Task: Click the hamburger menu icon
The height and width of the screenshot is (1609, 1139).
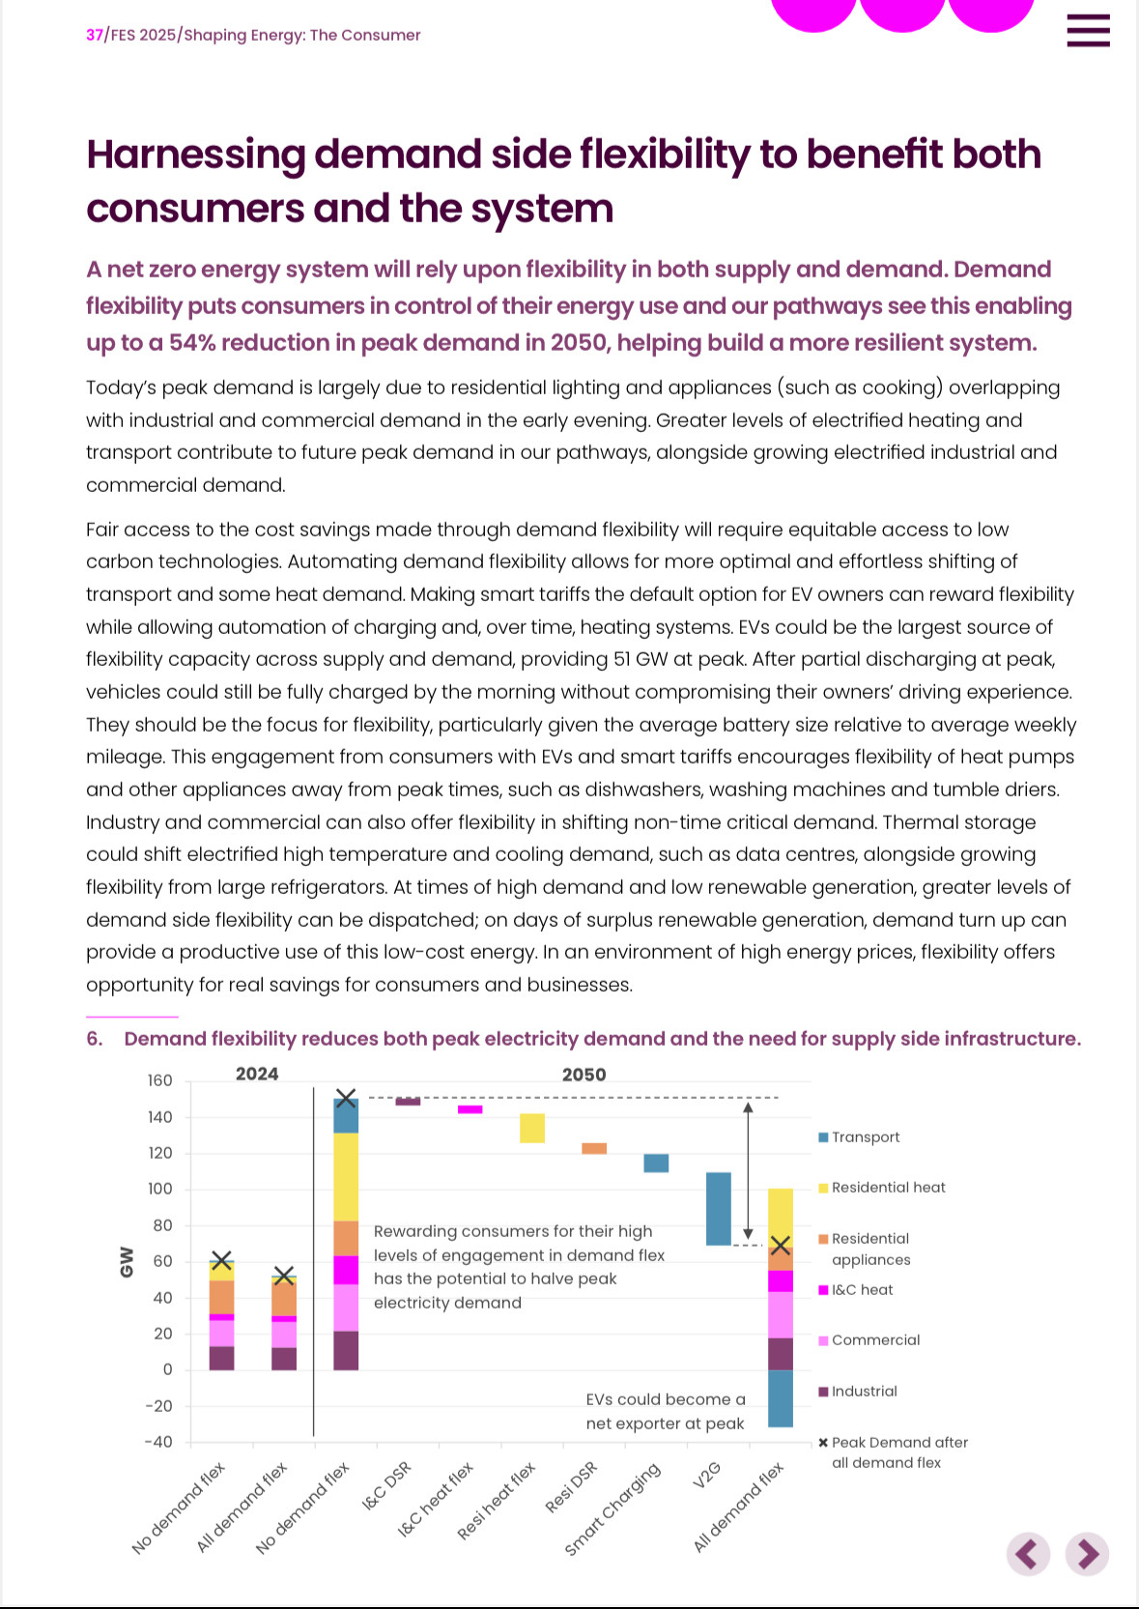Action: [x=1088, y=30]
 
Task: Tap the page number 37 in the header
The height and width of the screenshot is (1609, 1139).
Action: [x=94, y=35]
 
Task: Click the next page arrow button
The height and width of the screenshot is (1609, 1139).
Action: [x=1087, y=1555]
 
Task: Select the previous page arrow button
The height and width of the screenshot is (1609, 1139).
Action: [x=1028, y=1555]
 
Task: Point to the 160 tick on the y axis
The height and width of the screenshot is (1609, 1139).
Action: [x=159, y=1080]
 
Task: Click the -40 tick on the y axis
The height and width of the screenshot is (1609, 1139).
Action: [x=158, y=1442]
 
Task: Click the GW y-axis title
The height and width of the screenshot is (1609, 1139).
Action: [x=127, y=1261]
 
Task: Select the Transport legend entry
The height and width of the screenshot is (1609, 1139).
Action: [x=859, y=1137]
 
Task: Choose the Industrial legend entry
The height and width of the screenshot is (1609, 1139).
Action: [x=858, y=1392]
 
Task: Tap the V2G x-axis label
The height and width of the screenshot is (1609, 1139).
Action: [x=706, y=1476]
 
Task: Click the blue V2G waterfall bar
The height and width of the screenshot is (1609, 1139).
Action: [x=718, y=1209]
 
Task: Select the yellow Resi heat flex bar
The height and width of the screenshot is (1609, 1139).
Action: [x=532, y=1128]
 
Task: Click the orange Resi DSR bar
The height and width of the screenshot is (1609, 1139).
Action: [x=594, y=1149]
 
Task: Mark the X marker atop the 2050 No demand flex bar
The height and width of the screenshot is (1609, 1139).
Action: [x=346, y=1098]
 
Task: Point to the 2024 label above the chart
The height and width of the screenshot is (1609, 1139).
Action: [x=257, y=1074]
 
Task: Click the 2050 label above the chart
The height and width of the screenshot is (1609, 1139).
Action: [x=584, y=1075]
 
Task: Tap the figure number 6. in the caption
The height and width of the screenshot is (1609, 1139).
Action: [x=94, y=1039]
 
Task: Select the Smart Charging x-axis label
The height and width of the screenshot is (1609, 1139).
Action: [x=612, y=1508]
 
